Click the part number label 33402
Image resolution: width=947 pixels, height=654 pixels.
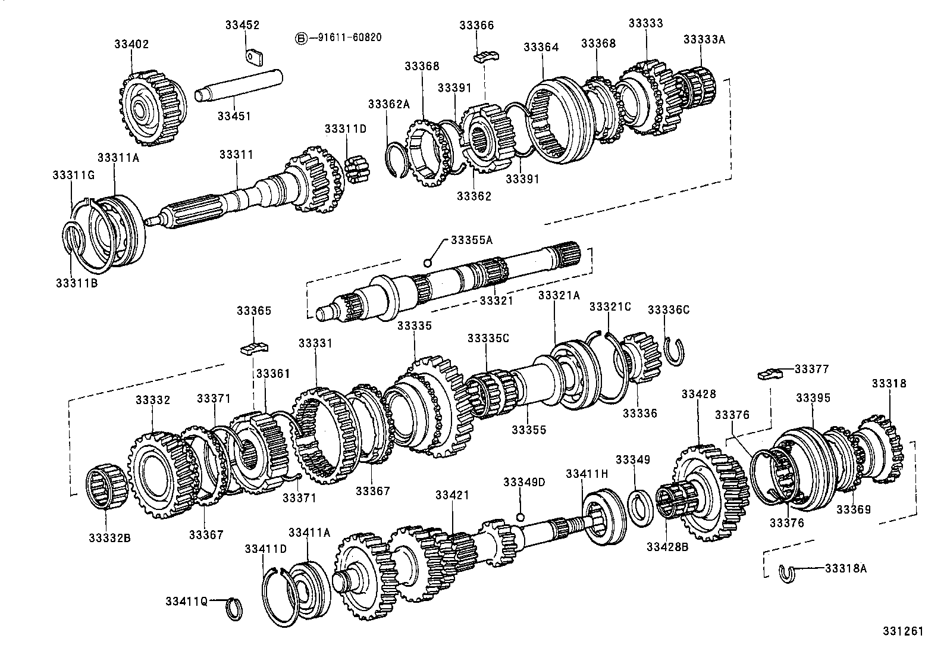[131, 44]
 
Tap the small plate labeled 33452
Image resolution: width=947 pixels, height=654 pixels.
[255, 55]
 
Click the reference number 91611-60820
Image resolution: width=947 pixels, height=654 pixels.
[344, 37]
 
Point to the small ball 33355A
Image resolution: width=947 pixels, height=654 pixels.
[427, 262]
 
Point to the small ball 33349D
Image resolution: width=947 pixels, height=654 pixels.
[520, 517]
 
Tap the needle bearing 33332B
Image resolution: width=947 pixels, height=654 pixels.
[106, 489]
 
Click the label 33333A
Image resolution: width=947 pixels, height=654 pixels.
[704, 39]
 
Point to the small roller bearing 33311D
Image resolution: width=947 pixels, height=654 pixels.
[356, 169]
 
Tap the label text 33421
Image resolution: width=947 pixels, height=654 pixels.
[452, 495]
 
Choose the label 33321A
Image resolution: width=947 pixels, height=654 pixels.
[558, 295]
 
